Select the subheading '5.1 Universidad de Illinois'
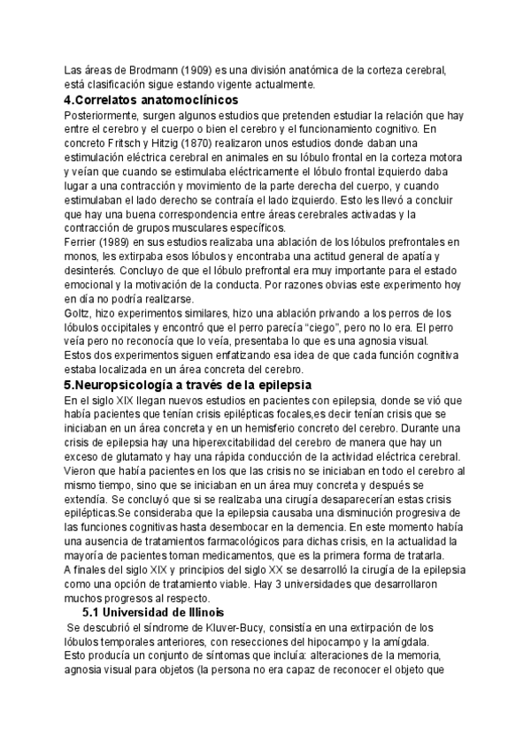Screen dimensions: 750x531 click(153, 613)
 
